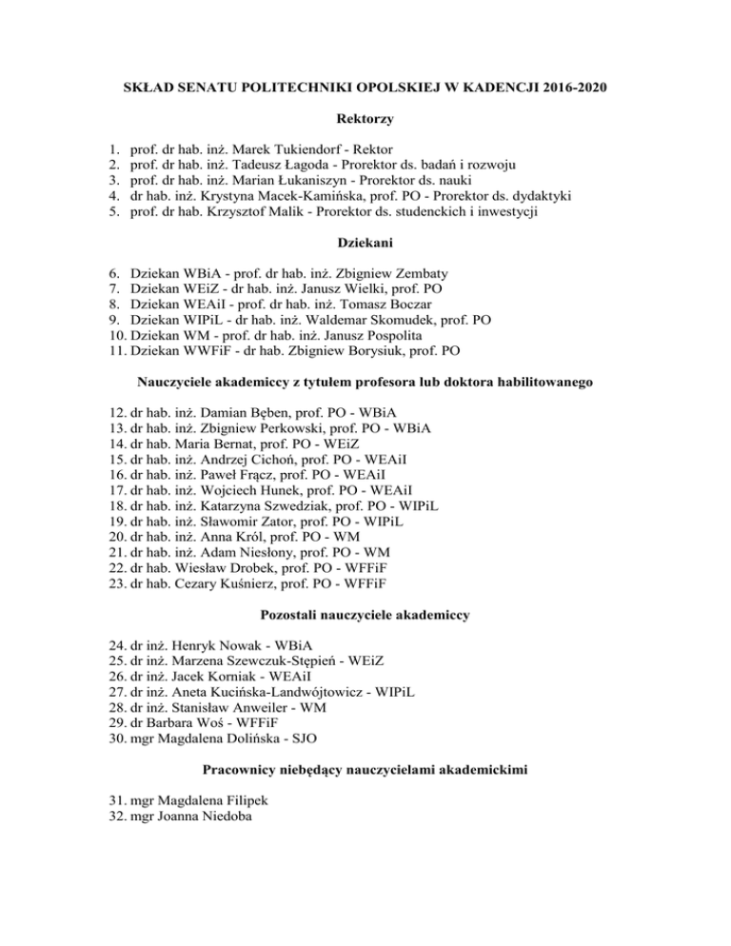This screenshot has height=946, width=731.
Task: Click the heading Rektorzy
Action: point(365,121)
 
